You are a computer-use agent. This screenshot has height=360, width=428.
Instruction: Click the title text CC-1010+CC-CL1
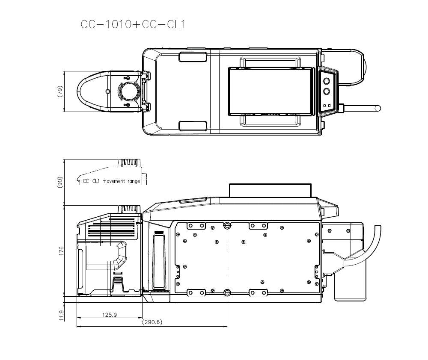pos(133,24)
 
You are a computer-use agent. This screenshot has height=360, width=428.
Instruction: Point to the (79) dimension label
pos(60,91)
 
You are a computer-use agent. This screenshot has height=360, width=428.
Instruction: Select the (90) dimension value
pos(60,182)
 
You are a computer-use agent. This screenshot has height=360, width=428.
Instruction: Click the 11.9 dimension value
pos(60,315)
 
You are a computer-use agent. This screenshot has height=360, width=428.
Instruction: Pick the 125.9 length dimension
pos(109,315)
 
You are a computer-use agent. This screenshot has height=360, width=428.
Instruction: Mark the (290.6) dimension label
pos(152,322)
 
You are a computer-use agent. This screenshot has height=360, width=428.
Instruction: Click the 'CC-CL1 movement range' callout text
pos(111,181)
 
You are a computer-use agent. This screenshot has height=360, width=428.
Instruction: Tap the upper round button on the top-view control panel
pos(326,81)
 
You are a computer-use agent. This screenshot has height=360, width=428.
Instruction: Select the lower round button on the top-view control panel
pos(326,91)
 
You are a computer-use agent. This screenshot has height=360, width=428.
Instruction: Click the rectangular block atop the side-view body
pos(270,190)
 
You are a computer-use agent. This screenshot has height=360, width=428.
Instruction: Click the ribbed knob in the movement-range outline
pos(129,164)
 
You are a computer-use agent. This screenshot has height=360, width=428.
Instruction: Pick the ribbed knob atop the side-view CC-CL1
pos(129,209)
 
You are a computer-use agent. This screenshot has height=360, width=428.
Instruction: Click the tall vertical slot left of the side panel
pos(158,261)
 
